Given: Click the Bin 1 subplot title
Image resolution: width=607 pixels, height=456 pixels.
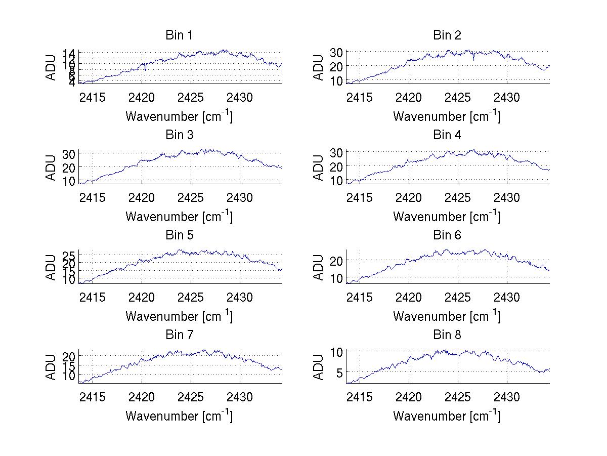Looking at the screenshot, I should (179, 35).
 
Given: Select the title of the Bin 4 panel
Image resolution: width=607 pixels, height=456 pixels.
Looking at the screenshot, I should (447, 135).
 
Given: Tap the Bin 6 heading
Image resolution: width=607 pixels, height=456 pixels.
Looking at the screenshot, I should (447, 235).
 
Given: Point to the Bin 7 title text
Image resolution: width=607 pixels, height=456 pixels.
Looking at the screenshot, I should (179, 335).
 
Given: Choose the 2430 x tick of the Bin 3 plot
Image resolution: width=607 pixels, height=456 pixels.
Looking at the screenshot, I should (240, 197).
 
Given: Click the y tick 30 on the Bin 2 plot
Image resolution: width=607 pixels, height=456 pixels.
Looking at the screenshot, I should (336, 52).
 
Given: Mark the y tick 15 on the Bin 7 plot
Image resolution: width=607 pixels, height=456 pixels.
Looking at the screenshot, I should (69, 366).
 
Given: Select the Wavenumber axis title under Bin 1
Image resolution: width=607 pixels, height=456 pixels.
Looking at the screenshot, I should (179, 116).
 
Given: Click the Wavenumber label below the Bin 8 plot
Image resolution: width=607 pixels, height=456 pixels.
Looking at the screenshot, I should (447, 416).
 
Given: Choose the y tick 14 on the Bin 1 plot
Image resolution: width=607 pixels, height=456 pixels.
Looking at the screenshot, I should (69, 53).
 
